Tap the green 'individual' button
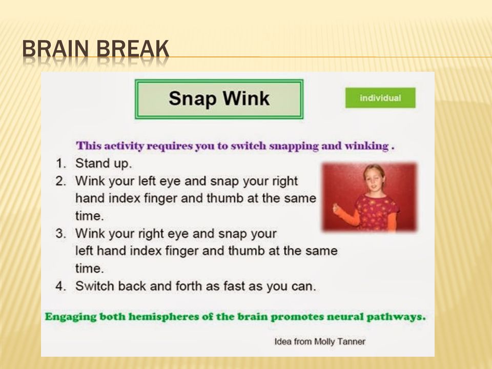(380, 98)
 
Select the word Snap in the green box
(193, 98)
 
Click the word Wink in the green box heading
(247, 98)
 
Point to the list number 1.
(60, 163)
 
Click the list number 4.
(60, 286)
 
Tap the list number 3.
(60, 234)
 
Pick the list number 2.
(60, 181)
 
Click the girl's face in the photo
(374, 178)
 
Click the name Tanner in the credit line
(352, 341)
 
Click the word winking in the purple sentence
(367, 146)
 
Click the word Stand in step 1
(90, 163)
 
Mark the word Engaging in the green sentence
(71, 317)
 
